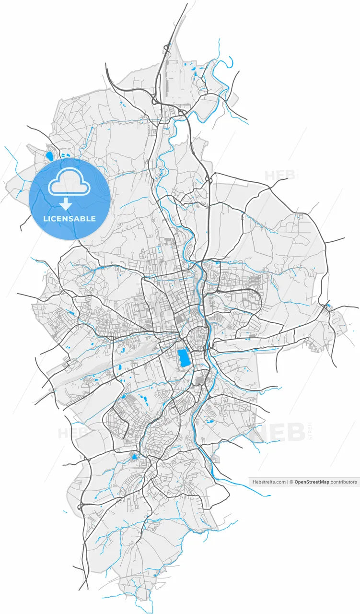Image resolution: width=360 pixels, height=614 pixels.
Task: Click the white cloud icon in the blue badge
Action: click(70, 182)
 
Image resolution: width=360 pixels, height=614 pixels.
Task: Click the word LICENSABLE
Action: click(70, 219)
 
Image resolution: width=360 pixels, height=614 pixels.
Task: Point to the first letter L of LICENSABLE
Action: click(45, 219)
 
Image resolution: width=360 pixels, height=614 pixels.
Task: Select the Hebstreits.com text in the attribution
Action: click(268, 482)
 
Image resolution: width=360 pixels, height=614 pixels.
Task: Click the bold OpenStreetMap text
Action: click(312, 482)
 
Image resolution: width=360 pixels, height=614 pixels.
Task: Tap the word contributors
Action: click(344, 482)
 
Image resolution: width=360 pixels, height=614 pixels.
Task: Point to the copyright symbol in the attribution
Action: click(291, 482)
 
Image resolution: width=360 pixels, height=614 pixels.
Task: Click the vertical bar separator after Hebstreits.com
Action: click(288, 482)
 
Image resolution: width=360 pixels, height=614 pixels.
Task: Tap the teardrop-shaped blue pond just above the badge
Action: click(49, 155)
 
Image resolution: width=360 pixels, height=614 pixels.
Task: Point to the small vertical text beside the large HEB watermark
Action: click(310, 431)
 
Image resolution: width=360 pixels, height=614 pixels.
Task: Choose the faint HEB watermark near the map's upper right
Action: click(278, 176)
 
